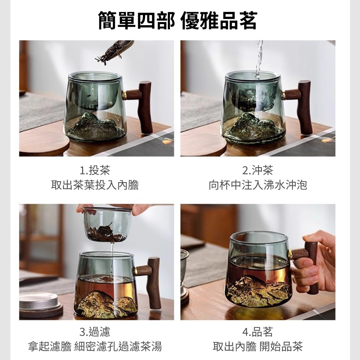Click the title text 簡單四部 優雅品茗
177,21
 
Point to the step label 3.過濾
95,332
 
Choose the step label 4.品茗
257,332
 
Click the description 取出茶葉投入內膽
95,185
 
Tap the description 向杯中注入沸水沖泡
258,185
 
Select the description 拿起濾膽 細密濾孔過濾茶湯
95,347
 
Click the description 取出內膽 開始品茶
258,347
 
